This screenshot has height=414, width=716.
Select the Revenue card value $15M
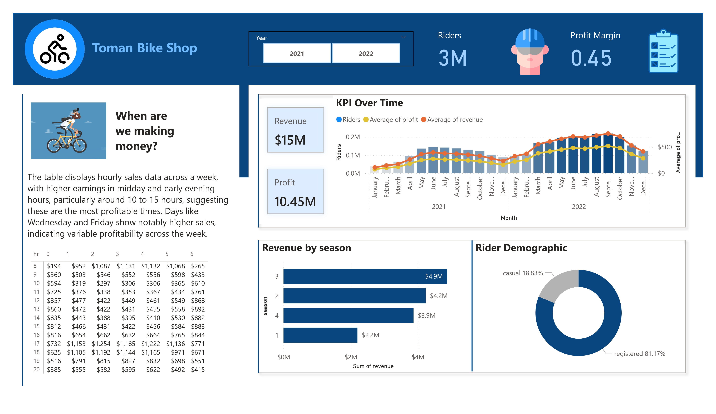coord(290,140)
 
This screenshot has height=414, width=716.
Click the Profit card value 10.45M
coord(295,201)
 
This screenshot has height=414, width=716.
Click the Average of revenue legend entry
coord(455,120)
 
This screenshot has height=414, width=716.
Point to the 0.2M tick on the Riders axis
coord(353,137)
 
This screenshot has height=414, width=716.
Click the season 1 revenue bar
coord(320,335)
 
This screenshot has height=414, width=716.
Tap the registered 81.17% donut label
coord(639,353)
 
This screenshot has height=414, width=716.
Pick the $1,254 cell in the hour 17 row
coord(101,343)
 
